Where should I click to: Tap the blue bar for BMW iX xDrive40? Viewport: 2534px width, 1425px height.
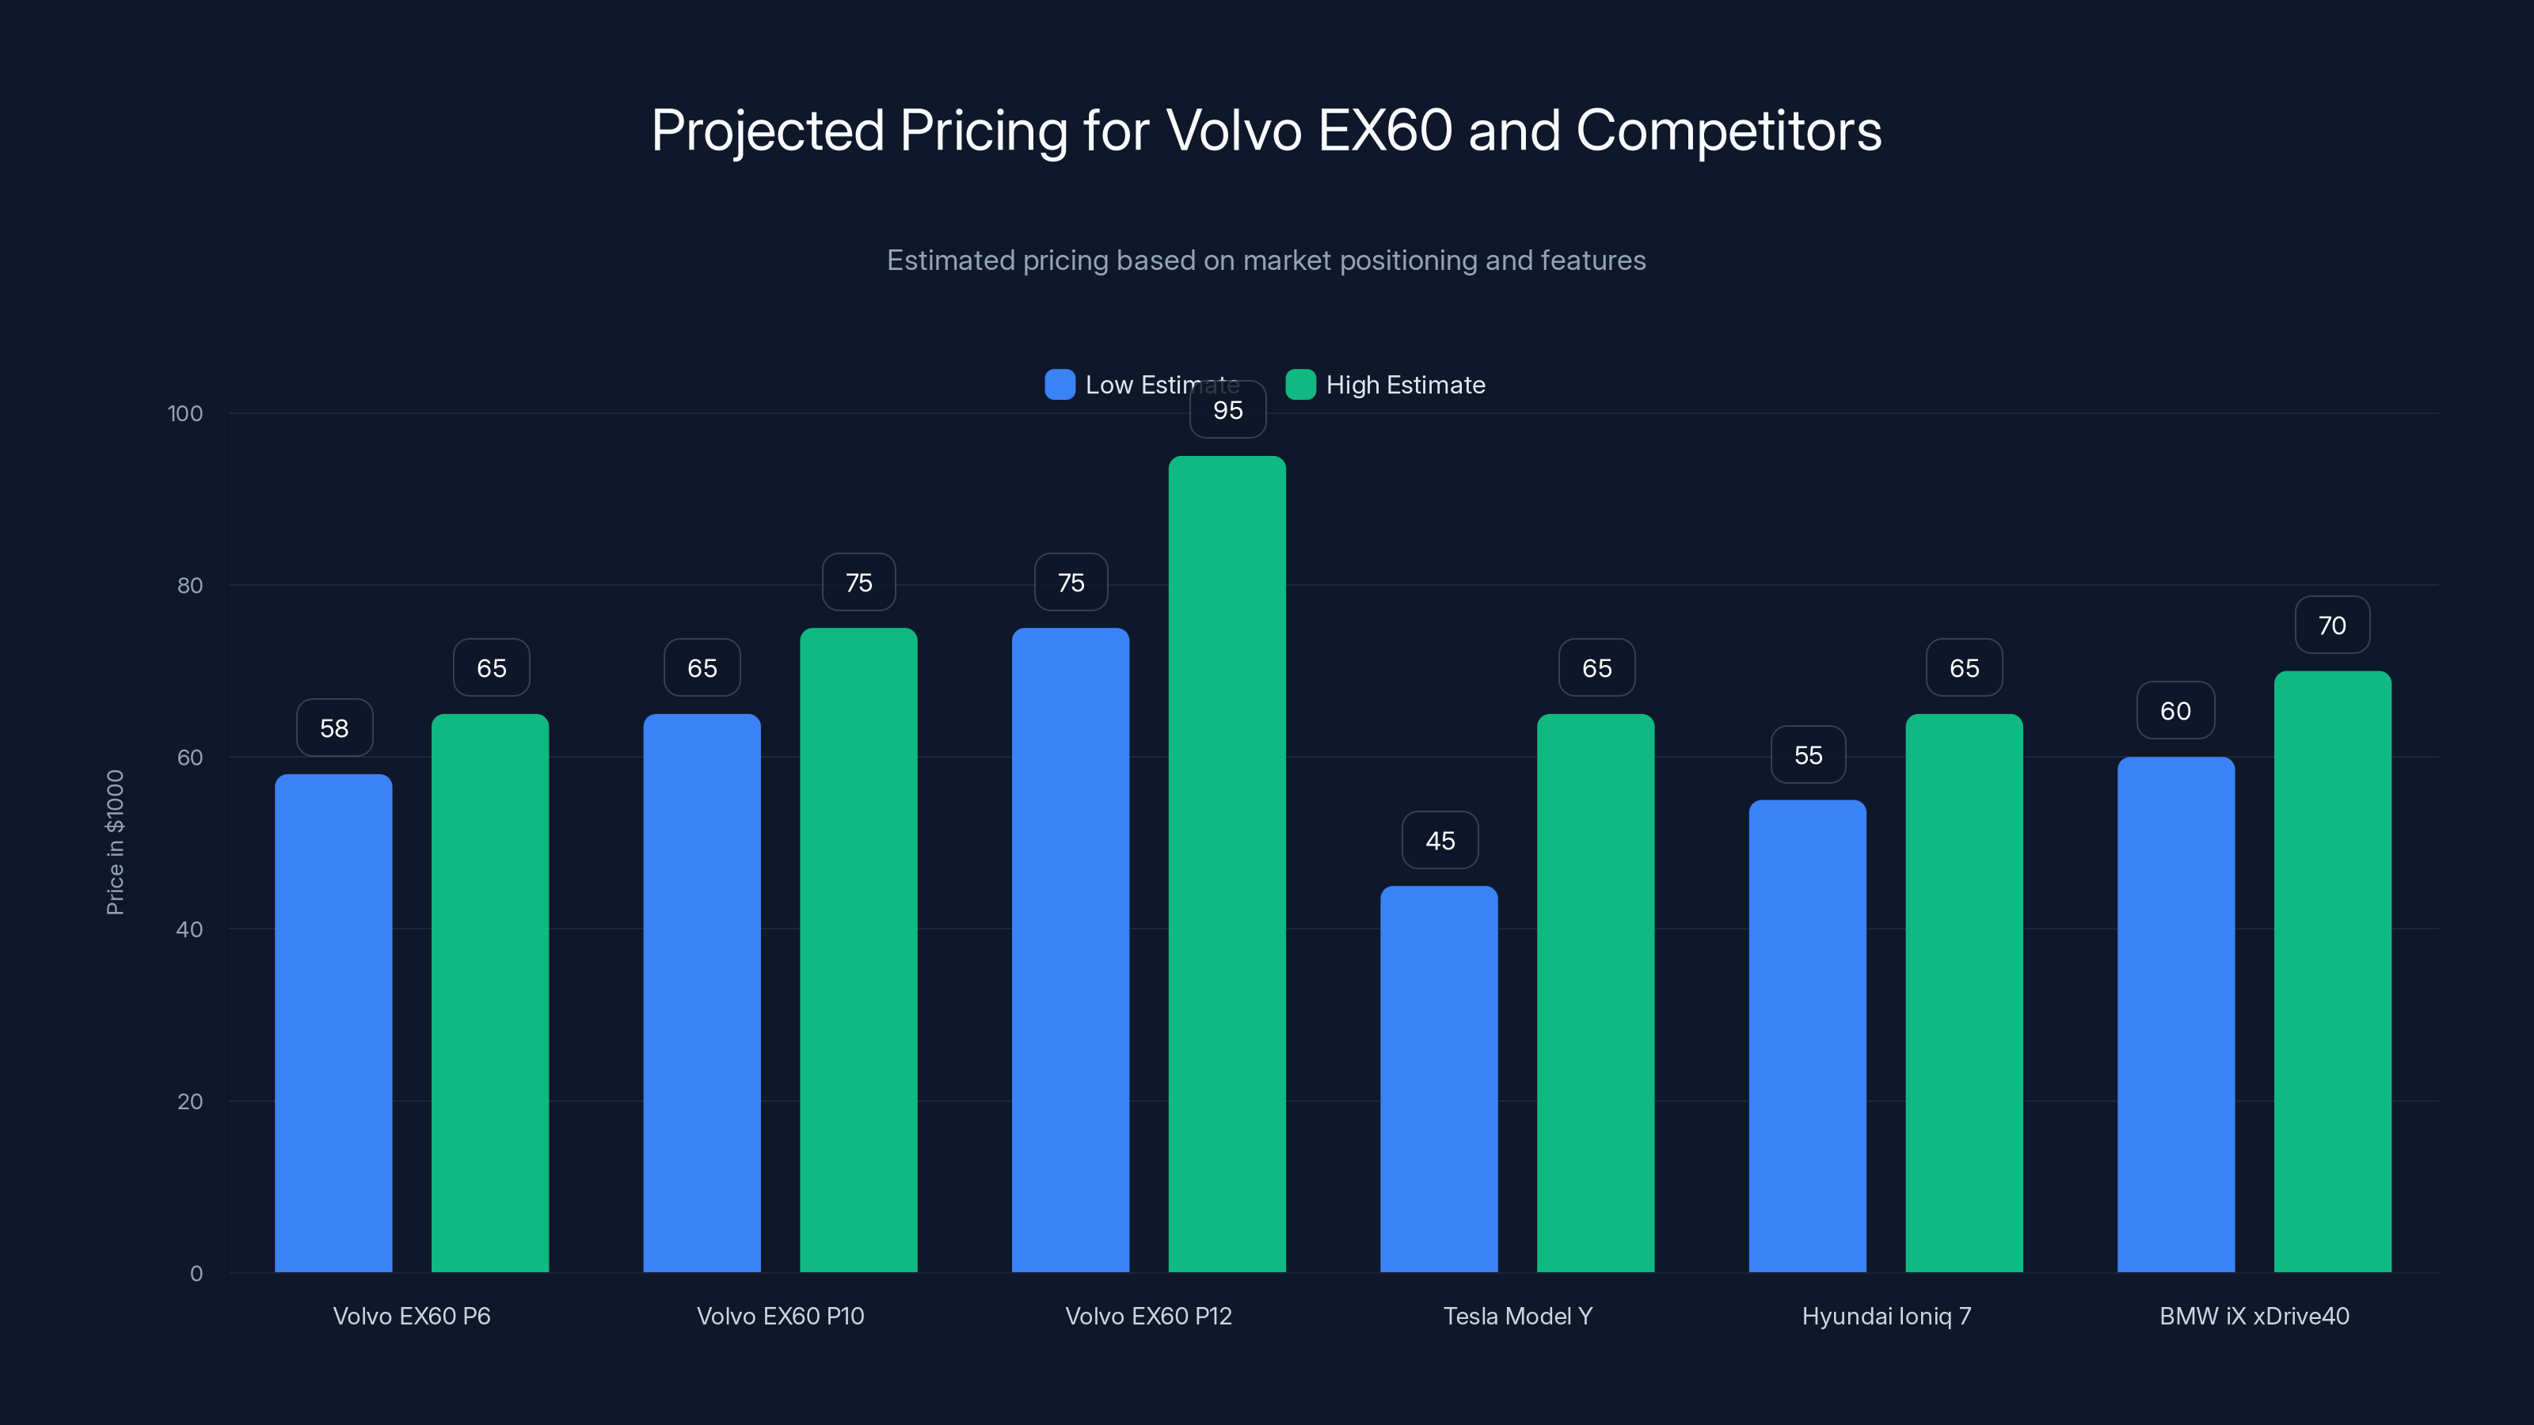pyautogui.click(x=2175, y=1014)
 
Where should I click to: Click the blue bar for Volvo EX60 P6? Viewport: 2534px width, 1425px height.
pyautogui.click(x=333, y=1023)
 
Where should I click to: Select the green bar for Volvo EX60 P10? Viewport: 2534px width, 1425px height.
pyautogui.click(x=858, y=949)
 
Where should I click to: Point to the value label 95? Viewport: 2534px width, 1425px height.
pyautogui.click(x=1227, y=410)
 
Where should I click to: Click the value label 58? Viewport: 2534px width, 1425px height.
pyautogui.click(x=334, y=728)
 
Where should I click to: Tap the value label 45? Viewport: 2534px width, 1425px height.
pyautogui.click(x=1439, y=841)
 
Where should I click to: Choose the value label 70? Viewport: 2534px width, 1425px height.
pyautogui.click(x=2331, y=625)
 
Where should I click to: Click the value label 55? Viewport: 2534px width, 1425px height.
pyautogui.click(x=1807, y=755)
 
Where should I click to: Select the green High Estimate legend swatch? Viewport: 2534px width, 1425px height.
pyautogui.click(x=1300, y=385)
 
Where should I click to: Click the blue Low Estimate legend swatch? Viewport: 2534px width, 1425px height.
pyautogui.click(x=1060, y=385)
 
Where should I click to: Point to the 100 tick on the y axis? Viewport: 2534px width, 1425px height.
pyautogui.click(x=185, y=414)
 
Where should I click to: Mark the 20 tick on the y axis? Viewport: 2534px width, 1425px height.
pyautogui.click(x=190, y=1101)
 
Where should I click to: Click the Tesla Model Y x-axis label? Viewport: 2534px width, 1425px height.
pyautogui.click(x=1517, y=1316)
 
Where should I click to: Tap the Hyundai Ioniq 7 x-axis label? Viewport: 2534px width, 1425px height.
pyautogui.click(x=1885, y=1316)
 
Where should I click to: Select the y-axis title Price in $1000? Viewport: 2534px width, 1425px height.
pyautogui.click(x=115, y=842)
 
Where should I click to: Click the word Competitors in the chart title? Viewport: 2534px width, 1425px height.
pyautogui.click(x=1729, y=131)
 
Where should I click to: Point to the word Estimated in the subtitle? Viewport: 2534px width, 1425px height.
pyautogui.click(x=950, y=260)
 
